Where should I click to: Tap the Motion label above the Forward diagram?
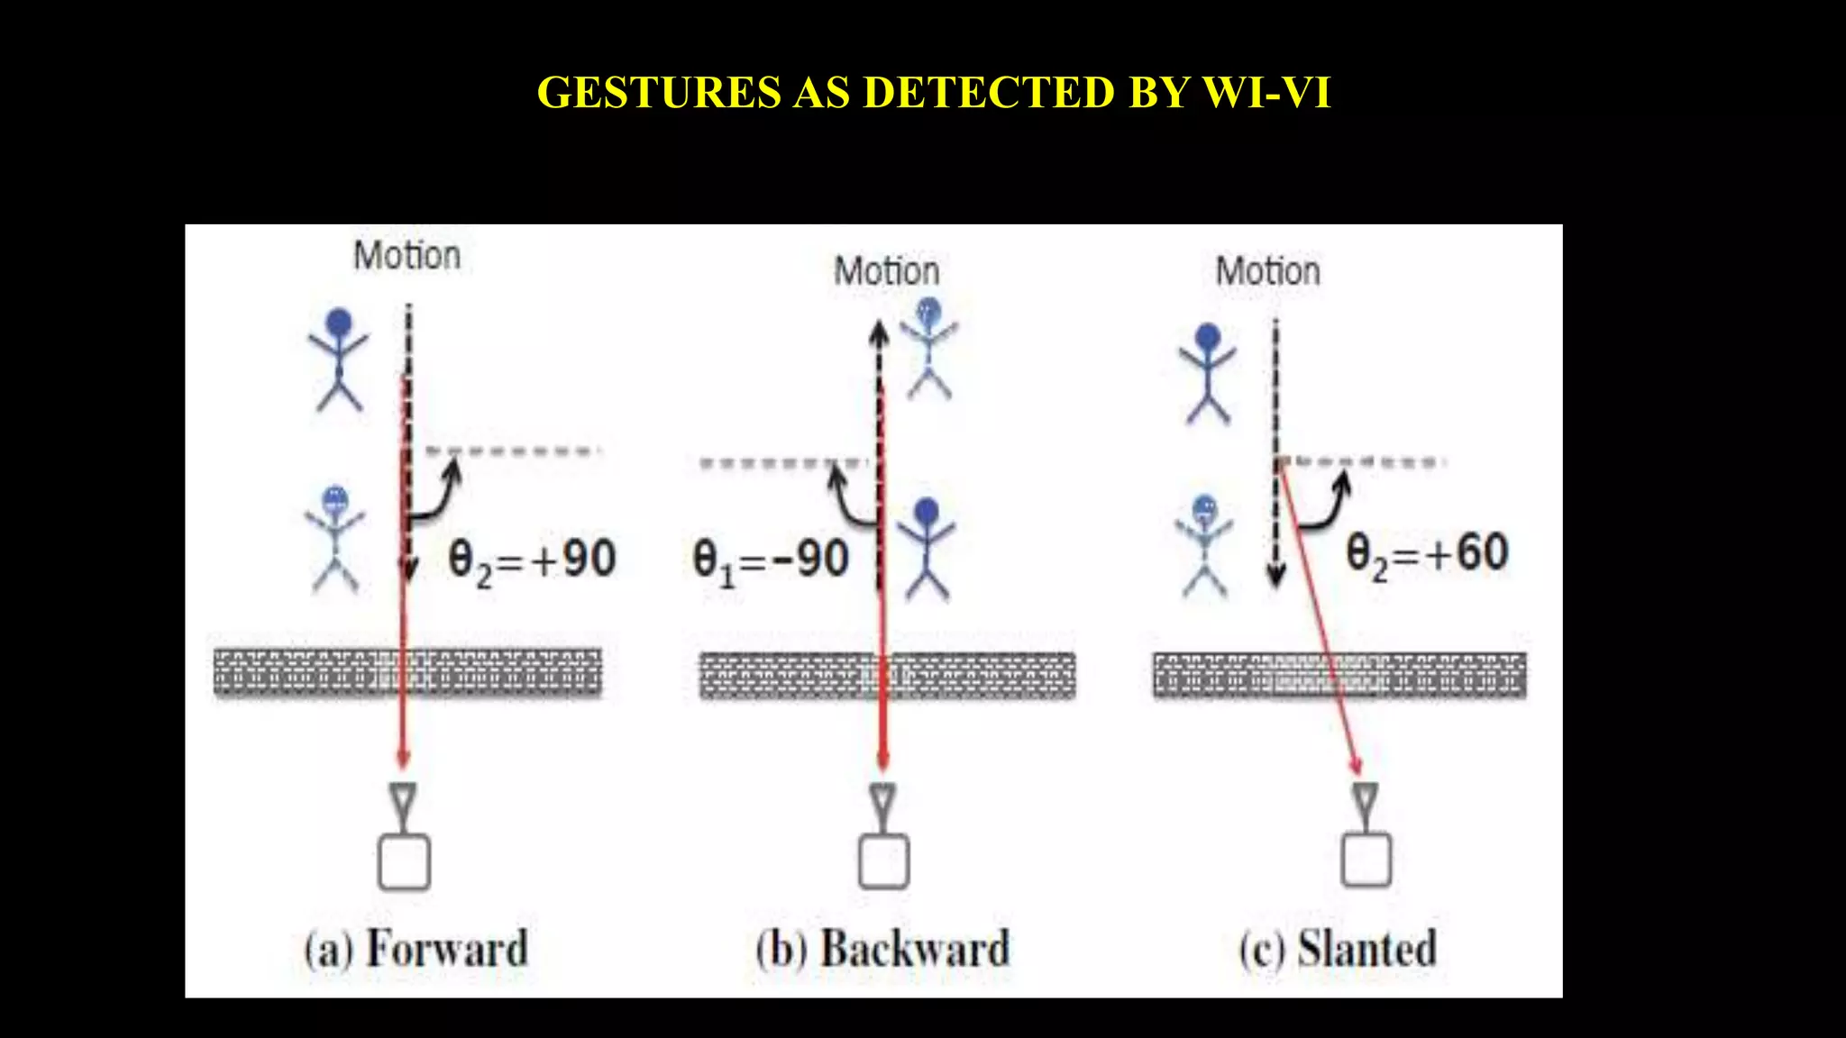coord(407,256)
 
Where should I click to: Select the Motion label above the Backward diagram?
coord(887,271)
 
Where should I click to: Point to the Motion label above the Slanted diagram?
coord(1267,271)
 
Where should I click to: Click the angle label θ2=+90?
coord(532,560)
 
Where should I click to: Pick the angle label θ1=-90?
coord(771,560)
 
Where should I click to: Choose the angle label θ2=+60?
coord(1427,554)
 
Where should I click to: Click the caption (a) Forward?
coord(416,950)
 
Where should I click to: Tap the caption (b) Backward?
coord(883,950)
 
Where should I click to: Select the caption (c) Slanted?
coord(1338,950)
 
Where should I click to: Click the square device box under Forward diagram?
coord(404,862)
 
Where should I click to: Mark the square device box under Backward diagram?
coord(883,862)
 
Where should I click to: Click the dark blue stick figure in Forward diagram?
coord(338,360)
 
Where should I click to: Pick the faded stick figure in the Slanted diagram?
coord(1204,545)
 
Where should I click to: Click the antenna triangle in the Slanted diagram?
coord(1365,798)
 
